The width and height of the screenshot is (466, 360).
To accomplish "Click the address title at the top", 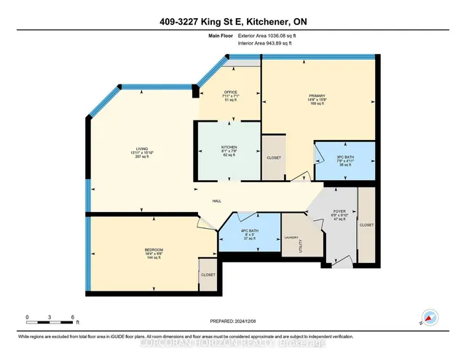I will (x=233, y=20).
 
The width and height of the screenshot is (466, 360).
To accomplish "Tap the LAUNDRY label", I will (x=291, y=237).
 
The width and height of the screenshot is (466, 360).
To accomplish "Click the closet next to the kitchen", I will (x=274, y=157).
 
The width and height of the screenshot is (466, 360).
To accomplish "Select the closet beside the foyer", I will (x=366, y=225).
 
